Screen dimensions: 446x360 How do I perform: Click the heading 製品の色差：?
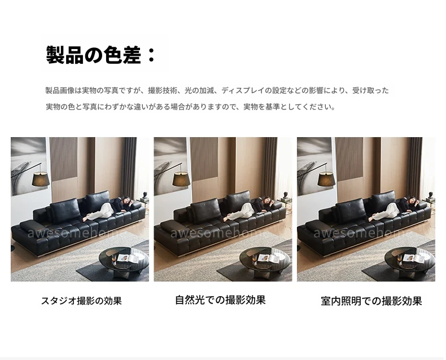pyautogui.click(x=100, y=55)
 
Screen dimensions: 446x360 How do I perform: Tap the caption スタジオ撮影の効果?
pyautogui.click(x=81, y=301)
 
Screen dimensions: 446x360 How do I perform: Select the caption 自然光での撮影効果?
pyautogui.click(x=220, y=300)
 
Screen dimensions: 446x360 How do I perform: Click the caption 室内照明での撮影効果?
pyautogui.click(x=371, y=301)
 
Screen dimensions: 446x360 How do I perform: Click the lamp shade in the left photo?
pyautogui.click(x=41, y=179)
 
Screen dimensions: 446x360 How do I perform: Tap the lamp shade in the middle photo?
pyautogui.click(x=181, y=179)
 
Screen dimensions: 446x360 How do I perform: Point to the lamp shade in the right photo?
pyautogui.click(x=326, y=179)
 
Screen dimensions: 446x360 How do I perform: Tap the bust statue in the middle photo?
pyautogui.click(x=286, y=195)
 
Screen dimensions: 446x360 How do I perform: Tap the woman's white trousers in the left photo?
pyautogui.click(x=99, y=212)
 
